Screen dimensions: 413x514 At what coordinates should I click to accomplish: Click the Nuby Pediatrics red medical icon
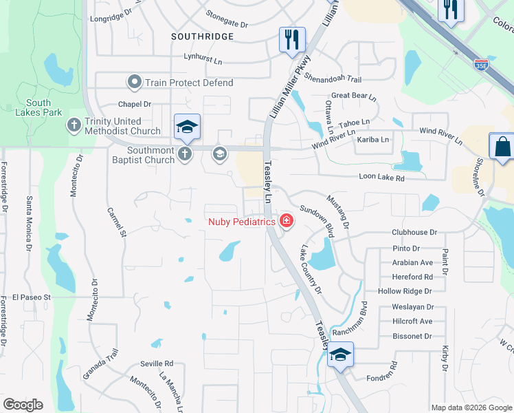tap(284, 221)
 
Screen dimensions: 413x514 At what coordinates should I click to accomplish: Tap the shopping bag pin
tap(502, 147)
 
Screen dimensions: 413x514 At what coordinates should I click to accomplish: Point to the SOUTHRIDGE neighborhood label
tap(202, 36)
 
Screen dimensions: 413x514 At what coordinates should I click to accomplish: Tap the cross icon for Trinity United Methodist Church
tap(74, 125)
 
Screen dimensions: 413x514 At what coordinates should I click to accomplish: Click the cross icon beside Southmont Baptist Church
tap(185, 154)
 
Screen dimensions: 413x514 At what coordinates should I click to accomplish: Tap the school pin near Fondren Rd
tap(339, 354)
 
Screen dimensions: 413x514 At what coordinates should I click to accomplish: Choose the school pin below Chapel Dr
tap(187, 127)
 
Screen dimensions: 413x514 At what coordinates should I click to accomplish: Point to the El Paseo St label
tap(32, 297)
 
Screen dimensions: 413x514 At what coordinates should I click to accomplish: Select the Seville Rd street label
tap(158, 363)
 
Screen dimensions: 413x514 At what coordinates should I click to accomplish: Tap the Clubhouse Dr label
tap(414, 233)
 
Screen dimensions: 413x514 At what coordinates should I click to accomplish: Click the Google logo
tap(23, 405)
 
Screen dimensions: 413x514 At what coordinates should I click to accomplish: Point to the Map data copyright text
tap(471, 407)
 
